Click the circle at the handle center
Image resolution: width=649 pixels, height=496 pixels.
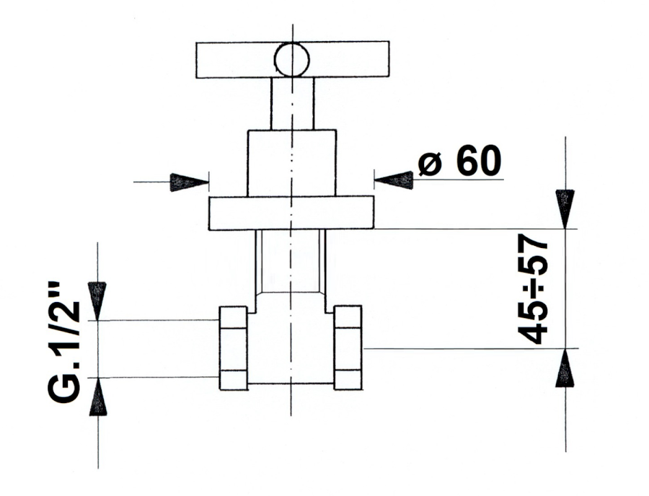click(x=292, y=60)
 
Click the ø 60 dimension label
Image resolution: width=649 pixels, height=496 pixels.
click(x=459, y=160)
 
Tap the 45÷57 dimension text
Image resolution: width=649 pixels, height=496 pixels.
click(x=533, y=289)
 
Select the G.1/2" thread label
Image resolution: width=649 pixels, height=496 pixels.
click(x=63, y=343)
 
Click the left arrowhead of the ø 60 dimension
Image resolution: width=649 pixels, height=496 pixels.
click(x=189, y=182)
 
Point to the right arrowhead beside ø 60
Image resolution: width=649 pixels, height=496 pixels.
click(x=394, y=180)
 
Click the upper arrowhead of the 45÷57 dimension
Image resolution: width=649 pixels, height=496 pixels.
click(x=565, y=209)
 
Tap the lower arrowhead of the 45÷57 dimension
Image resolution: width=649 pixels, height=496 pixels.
click(x=565, y=368)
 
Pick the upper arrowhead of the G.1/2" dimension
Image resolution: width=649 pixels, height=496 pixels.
click(x=97, y=301)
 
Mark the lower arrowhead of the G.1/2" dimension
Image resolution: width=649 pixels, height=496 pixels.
click(x=97, y=397)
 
